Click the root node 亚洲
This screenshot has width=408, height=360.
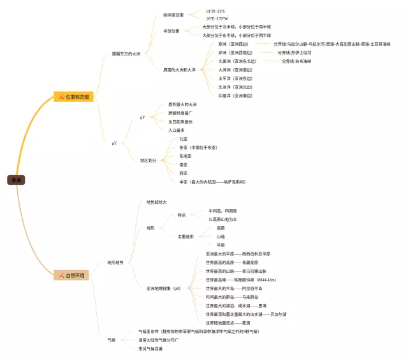pyautogui.click(x=16, y=180)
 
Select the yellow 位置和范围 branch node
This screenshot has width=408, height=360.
pyautogui.click(x=75, y=97)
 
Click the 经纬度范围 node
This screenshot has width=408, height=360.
pyautogui.click(x=173, y=13)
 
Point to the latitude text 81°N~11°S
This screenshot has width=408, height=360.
pyautogui.click(x=215, y=11)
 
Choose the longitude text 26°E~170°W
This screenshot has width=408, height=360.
pyautogui.click(x=217, y=18)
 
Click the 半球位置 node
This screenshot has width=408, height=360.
pyautogui.click(x=171, y=31)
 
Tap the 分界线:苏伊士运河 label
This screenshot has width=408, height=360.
pyautogui.click(x=294, y=53)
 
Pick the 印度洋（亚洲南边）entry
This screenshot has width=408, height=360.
pyautogui.click(x=235, y=96)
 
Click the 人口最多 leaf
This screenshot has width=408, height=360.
pyautogui.click(x=177, y=130)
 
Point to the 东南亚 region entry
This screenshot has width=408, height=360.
pyautogui.click(x=185, y=155)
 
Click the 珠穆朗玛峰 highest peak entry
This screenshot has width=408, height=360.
pyautogui.click(x=240, y=280)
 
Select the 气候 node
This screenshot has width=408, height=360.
pyautogui.click(x=111, y=340)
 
